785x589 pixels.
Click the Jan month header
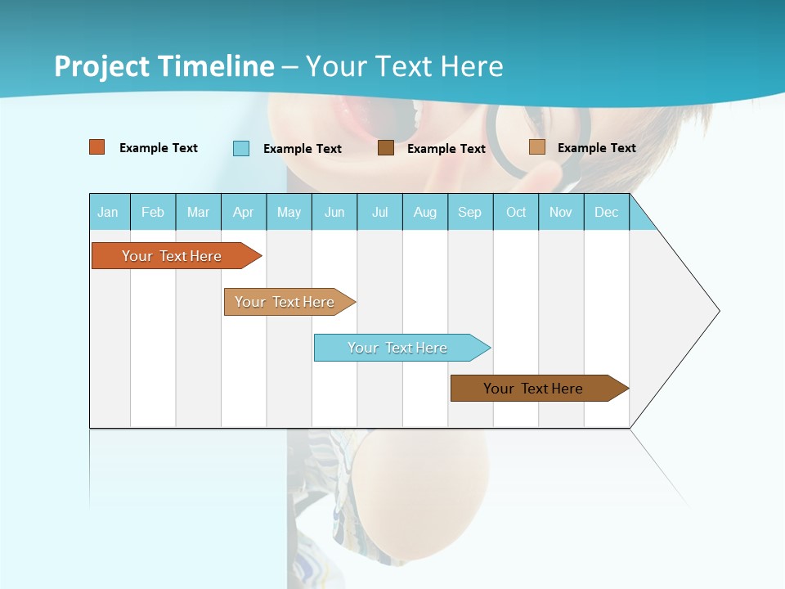point(108,212)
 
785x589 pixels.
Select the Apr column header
point(243,212)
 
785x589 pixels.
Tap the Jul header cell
point(379,212)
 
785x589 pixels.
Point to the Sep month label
point(469,212)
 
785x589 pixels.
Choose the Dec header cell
point(606,212)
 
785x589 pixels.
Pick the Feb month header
point(153,212)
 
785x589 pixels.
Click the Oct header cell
point(516,212)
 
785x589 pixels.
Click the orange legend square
point(97,147)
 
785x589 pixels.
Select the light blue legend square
point(241,148)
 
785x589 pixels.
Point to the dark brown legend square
point(386,148)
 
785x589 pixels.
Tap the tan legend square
point(536,147)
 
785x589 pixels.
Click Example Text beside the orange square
point(159,148)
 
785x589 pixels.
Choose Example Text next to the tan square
point(596,148)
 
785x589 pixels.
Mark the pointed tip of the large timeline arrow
point(718,311)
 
